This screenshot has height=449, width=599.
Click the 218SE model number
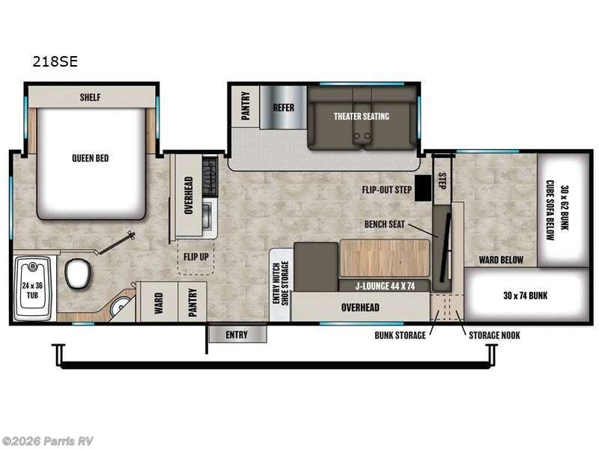[55, 63]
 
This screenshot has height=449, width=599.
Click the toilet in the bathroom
[77, 274]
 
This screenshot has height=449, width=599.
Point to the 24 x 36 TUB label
[32, 290]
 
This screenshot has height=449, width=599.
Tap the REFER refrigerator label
[283, 107]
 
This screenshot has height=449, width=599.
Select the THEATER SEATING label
[361, 116]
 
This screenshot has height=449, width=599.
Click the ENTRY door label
[235, 335]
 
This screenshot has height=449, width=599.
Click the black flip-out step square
[424, 188]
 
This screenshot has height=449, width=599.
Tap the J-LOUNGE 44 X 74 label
[385, 284]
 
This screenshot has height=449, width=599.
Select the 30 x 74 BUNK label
[526, 296]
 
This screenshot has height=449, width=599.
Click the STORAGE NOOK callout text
[494, 335]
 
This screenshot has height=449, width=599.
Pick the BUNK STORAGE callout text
[401, 335]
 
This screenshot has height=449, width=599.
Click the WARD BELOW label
[501, 260]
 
